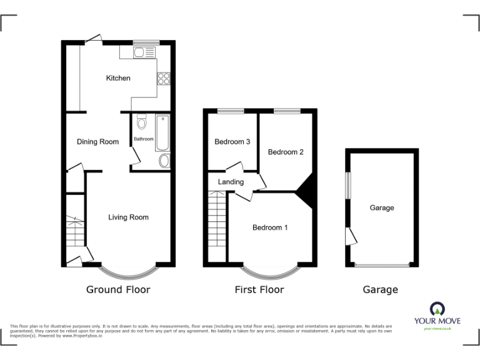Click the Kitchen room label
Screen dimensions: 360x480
coord(118,78)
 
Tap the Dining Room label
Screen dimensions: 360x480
coord(97,142)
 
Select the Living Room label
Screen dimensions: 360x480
coord(128,217)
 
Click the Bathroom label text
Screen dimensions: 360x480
coord(143,139)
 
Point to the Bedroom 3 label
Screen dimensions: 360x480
coord(232,142)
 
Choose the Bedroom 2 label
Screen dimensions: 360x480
coord(286,152)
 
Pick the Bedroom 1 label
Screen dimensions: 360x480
coord(270,227)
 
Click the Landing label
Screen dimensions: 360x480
coord(230,182)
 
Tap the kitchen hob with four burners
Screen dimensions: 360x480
coord(164,79)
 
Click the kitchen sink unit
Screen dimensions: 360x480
coord(144,52)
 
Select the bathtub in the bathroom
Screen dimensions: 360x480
coord(162,133)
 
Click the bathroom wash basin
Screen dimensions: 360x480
coord(164,161)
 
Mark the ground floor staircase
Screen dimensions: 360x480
coord(75,234)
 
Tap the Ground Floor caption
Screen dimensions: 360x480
coord(118,290)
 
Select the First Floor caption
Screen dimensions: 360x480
coord(259,290)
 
